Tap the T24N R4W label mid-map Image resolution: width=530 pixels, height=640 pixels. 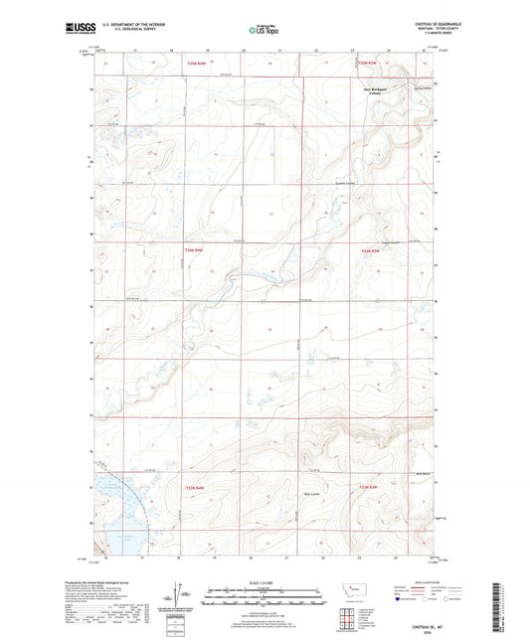[195, 249]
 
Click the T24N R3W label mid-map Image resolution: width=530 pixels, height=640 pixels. [370, 249]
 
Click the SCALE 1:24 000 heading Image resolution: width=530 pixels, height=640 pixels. [265, 583]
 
